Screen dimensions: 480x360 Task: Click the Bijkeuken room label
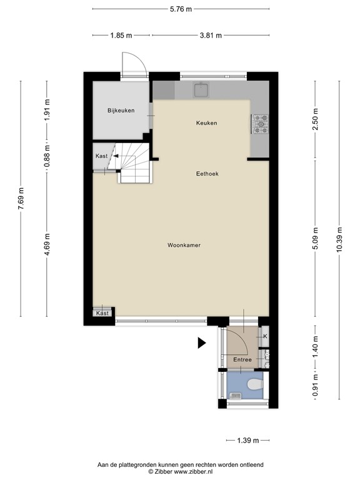point(121,111)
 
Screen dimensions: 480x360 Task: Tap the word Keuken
point(206,123)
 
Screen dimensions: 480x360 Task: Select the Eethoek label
point(206,174)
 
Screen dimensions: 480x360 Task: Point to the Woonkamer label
point(184,246)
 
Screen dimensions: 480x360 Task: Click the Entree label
point(242,359)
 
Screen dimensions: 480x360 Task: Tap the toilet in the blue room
point(254,384)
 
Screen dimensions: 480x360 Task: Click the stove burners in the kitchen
point(259,123)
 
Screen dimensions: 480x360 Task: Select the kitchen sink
point(202,91)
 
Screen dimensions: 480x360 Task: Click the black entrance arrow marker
point(201,342)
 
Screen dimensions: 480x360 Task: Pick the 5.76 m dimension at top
point(181,9)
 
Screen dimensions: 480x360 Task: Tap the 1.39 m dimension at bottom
point(247,441)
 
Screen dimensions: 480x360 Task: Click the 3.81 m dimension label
point(211,35)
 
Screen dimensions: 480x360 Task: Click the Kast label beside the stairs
point(102,156)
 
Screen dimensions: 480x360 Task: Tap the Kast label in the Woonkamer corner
point(102,313)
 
